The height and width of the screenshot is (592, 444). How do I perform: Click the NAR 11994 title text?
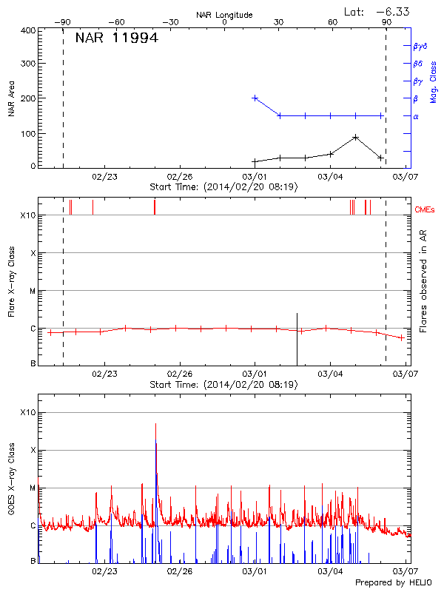pyautogui.click(x=116, y=38)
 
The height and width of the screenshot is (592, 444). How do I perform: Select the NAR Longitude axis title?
pyautogui.click(x=224, y=14)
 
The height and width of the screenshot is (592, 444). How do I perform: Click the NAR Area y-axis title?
pyautogui.click(x=12, y=99)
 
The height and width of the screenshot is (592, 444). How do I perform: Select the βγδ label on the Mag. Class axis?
pyautogui.click(x=420, y=46)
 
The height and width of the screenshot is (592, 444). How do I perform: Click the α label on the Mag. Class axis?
pyautogui.click(x=416, y=116)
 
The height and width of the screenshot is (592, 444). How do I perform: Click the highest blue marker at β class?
pyautogui.click(x=255, y=98)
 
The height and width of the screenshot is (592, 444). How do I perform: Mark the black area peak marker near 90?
pyautogui.click(x=356, y=137)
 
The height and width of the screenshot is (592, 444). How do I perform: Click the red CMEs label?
pyautogui.click(x=425, y=210)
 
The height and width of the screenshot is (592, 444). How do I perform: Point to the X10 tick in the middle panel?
pyautogui.click(x=28, y=216)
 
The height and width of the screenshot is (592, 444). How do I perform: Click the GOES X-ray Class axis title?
pyautogui.click(x=12, y=485)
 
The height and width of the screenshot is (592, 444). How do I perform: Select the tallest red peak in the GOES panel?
pyautogui.click(x=155, y=425)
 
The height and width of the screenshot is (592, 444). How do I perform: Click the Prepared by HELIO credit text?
pyautogui.click(x=391, y=582)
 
